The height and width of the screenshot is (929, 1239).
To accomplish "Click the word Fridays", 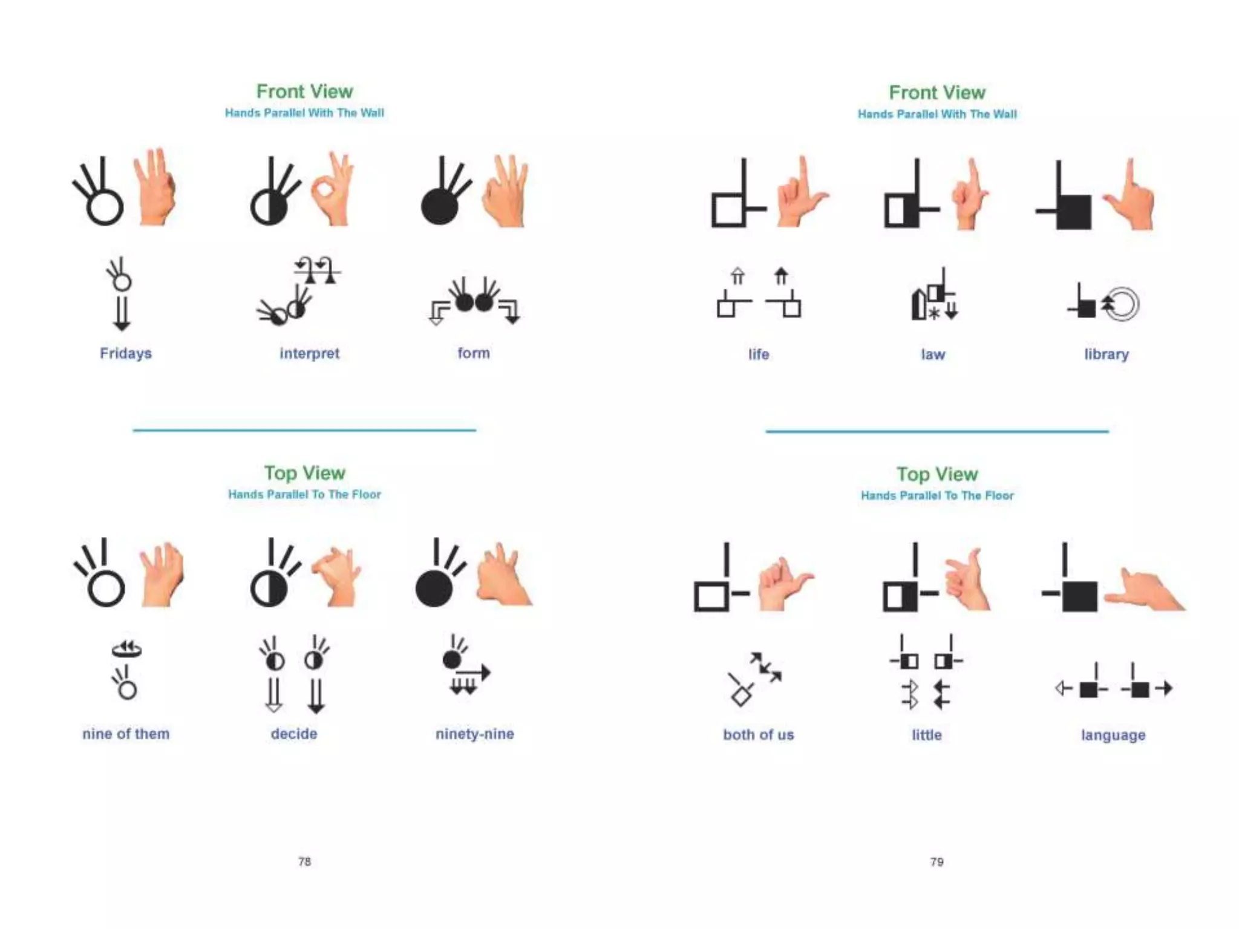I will click(x=126, y=353).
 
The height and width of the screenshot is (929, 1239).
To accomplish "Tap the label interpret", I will click(x=309, y=353).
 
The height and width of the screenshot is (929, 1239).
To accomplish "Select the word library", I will click(x=1106, y=354).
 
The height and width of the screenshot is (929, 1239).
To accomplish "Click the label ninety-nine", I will click(x=474, y=734).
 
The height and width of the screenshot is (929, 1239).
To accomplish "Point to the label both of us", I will click(x=758, y=735).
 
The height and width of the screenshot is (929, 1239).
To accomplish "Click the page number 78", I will click(x=304, y=861).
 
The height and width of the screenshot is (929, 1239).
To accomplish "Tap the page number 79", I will click(x=937, y=861).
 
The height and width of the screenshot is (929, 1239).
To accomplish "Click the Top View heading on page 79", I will click(x=937, y=474).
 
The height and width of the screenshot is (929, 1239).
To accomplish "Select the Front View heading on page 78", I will click(x=304, y=91).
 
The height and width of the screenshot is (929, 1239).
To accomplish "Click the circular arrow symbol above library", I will click(x=1122, y=304).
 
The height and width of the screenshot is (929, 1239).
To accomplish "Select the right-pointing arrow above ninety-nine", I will click(x=475, y=672).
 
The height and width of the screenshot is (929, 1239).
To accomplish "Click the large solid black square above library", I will click(x=1074, y=212).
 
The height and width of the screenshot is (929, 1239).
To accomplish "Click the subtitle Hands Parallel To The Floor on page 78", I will click(x=304, y=494).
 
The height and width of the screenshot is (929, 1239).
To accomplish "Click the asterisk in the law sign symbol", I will click(x=934, y=313).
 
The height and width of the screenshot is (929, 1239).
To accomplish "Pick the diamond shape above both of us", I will click(x=741, y=697).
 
